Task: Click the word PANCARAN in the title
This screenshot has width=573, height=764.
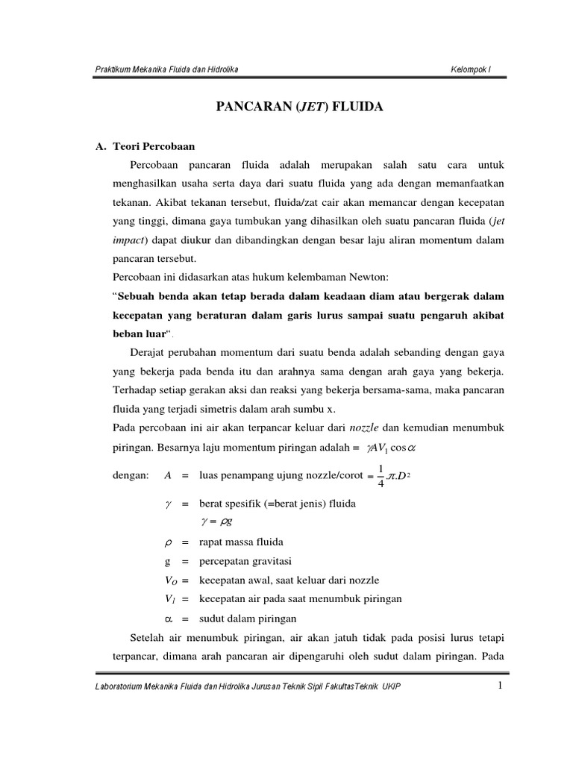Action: click(x=243, y=107)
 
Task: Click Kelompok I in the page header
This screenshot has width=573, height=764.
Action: click(x=471, y=70)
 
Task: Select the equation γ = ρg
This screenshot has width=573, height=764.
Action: click(x=216, y=522)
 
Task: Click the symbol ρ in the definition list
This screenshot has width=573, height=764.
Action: click(x=168, y=542)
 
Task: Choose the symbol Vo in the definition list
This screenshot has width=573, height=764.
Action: click(x=169, y=580)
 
